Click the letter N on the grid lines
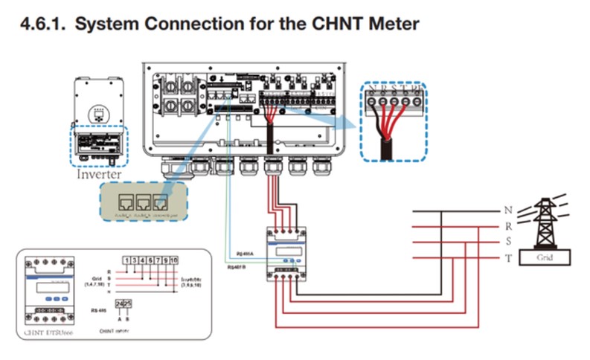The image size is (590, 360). pos(508,210)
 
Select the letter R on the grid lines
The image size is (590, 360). pos(508,226)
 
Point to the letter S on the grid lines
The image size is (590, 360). pos(508,242)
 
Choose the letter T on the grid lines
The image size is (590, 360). pos(508,257)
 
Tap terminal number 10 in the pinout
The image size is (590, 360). pos(173,261)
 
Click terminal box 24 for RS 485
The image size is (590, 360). pos(120,304)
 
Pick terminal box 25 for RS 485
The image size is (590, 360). pos(127,304)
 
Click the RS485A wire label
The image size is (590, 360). pos(245,254)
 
